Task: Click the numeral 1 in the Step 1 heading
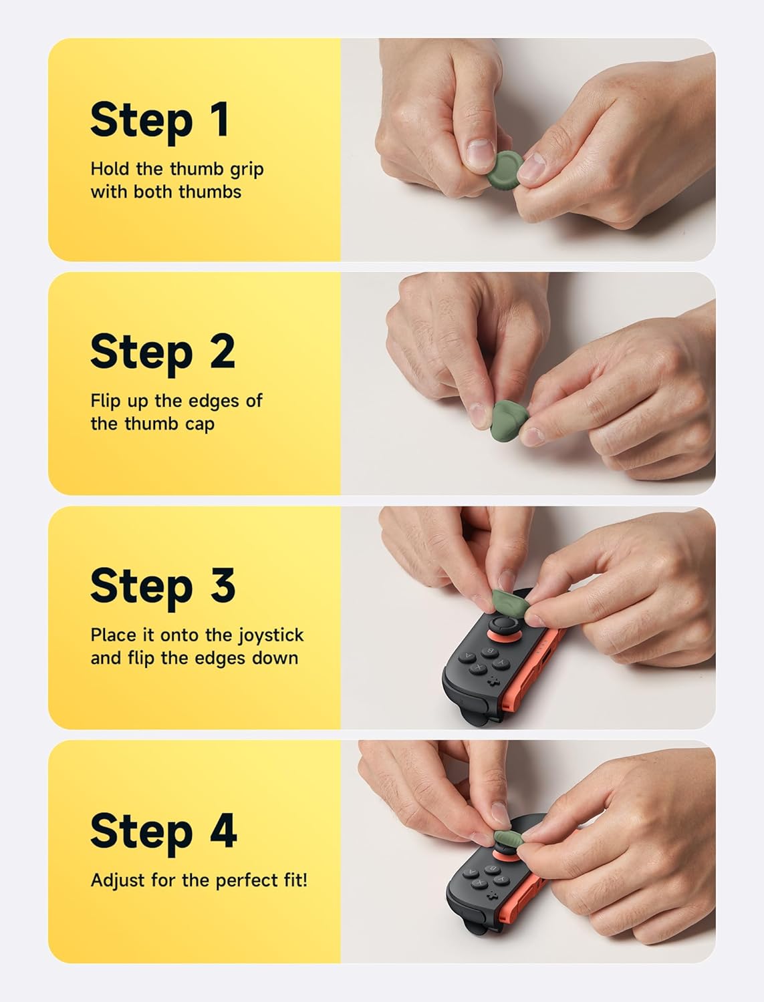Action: (218, 120)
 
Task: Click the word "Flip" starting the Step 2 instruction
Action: (106, 401)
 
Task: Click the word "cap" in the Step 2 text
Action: (200, 424)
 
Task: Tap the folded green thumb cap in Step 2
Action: (511, 417)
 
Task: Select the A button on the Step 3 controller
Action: (467, 657)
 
